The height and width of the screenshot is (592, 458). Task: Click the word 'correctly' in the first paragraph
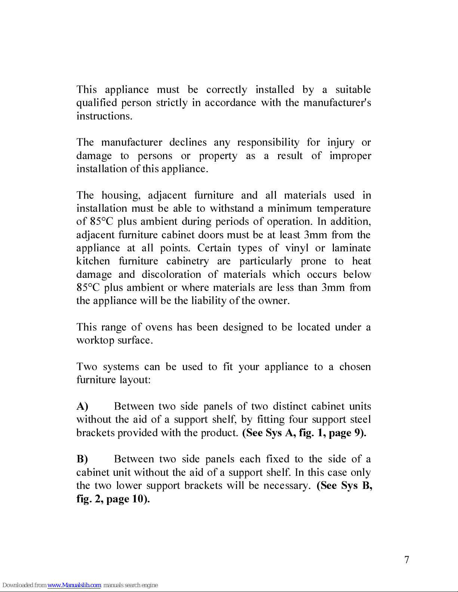click(x=226, y=90)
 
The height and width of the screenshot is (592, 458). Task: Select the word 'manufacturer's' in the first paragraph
click(x=337, y=103)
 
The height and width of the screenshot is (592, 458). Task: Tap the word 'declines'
click(x=188, y=142)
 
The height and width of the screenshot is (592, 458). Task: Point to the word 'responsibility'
click(x=268, y=142)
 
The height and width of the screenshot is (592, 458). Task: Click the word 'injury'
click(x=341, y=143)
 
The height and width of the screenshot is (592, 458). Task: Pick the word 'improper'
click(x=350, y=156)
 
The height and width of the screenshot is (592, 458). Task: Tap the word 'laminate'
click(x=351, y=248)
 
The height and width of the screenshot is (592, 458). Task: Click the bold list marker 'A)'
click(x=82, y=406)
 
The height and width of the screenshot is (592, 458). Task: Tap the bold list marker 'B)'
click(x=82, y=459)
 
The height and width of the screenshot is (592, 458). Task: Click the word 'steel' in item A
click(x=360, y=419)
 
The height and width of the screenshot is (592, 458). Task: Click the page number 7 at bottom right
click(x=407, y=560)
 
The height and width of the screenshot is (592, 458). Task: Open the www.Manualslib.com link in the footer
click(x=74, y=585)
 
